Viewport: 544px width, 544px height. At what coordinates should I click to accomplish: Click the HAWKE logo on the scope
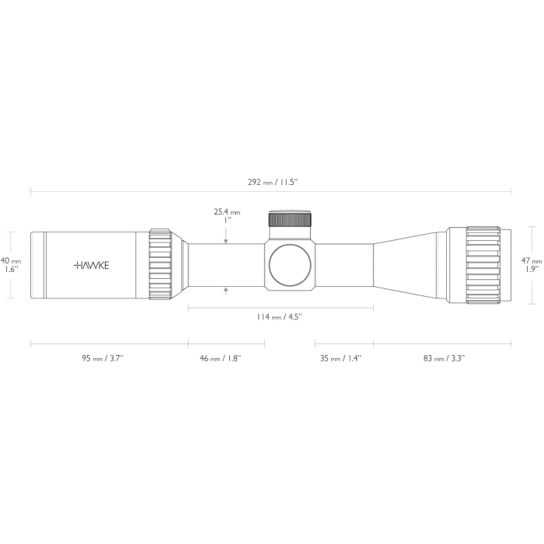92,265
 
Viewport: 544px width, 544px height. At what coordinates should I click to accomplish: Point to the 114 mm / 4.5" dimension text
279,317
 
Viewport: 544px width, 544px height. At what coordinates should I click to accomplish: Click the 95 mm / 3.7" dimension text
103,358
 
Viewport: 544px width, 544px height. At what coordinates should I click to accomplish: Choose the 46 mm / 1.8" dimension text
220,358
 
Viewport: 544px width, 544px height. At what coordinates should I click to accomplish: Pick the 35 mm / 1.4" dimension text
340,358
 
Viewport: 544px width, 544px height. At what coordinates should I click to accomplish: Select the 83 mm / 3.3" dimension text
444,358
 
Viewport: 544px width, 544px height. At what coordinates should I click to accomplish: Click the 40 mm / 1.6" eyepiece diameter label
9,265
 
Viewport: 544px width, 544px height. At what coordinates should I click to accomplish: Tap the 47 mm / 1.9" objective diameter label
532,265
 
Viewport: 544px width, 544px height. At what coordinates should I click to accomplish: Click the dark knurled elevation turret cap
291,219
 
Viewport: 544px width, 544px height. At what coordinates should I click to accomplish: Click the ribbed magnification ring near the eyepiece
160,264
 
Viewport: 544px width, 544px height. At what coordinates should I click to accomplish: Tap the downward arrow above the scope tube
226,241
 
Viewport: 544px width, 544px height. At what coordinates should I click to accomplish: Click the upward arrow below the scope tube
226,290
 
